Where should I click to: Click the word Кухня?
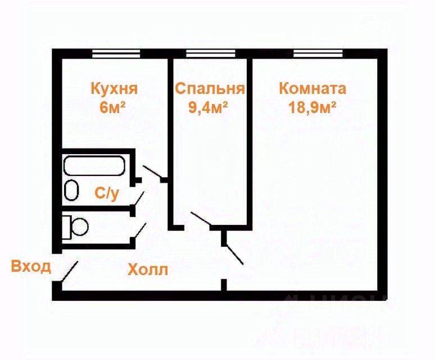(114, 89)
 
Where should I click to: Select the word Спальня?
(210, 89)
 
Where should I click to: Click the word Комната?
(312, 89)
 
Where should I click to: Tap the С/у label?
(107, 194)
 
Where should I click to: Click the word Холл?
(148, 270)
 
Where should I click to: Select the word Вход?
(31, 265)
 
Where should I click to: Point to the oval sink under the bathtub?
(71, 190)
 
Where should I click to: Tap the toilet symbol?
(75, 226)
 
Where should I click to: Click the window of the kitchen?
(115, 53)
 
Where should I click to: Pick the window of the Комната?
(318, 53)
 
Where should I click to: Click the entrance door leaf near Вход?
(69, 271)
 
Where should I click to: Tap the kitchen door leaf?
(153, 173)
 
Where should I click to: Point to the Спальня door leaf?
(201, 220)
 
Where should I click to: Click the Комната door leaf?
(234, 254)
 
